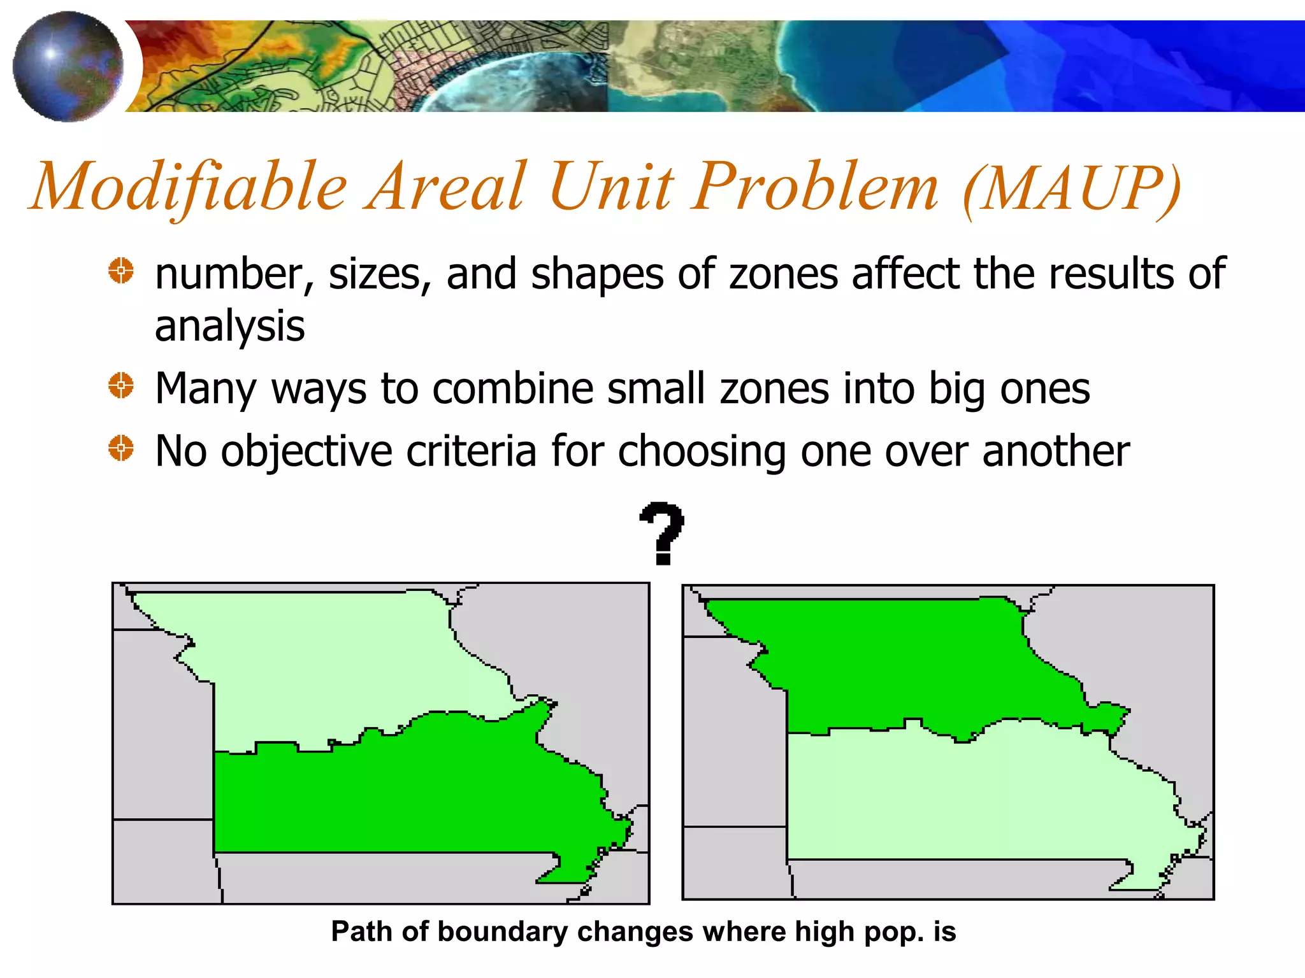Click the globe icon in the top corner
pos(68,66)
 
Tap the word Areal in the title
pos(446,187)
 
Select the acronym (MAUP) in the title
pos(1072,188)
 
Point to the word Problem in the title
pos(816,187)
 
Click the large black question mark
pos(663,533)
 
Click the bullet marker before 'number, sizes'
pos(120,271)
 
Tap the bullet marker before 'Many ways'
pos(120,385)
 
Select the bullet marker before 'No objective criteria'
pos(120,448)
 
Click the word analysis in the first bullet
pos(229,327)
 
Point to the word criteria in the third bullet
pos(471,451)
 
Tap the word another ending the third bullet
pos(1055,451)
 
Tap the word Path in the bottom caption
pos(361,932)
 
